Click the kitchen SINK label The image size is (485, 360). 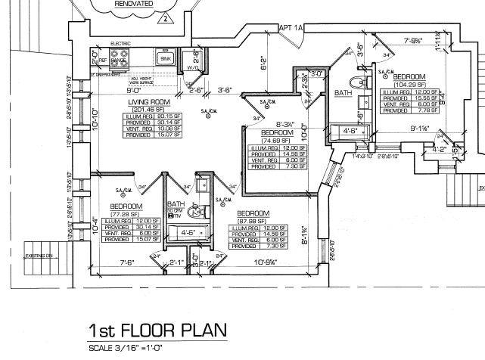[x=166, y=58]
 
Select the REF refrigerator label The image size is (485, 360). [x=104, y=60]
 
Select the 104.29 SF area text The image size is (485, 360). [x=409, y=84]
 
